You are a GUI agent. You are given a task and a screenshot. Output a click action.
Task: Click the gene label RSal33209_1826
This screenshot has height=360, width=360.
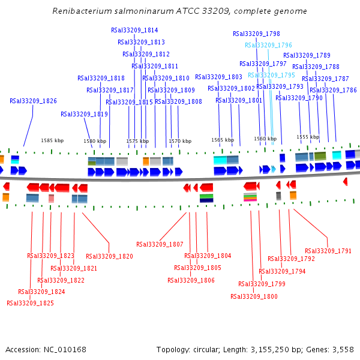(x=33, y=101)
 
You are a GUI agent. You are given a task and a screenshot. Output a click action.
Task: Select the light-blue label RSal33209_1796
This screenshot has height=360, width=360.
(x=268, y=45)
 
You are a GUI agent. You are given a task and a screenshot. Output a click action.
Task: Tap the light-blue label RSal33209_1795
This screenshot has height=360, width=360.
(x=271, y=75)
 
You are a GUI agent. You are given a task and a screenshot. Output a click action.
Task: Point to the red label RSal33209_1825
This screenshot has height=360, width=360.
(x=30, y=303)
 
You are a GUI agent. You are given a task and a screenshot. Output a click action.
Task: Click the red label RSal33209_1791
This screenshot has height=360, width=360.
(x=328, y=251)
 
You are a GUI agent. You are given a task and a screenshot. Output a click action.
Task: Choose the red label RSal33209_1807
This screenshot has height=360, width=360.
(x=160, y=244)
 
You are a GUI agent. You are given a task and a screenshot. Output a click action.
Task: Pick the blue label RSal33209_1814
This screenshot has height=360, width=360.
(x=134, y=30)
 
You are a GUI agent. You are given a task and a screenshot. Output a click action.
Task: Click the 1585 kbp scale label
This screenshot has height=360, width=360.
(x=52, y=140)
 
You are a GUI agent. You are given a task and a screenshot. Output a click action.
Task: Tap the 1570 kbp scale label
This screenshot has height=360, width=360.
(x=180, y=141)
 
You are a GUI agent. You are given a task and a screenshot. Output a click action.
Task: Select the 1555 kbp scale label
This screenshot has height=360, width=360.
(x=308, y=137)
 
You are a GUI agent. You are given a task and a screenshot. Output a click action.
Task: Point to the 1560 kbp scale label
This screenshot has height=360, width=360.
(x=265, y=139)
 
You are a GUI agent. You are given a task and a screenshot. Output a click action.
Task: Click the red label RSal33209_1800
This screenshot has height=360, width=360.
(x=254, y=296)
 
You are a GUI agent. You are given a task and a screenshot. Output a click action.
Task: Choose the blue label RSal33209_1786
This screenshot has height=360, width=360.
(x=333, y=90)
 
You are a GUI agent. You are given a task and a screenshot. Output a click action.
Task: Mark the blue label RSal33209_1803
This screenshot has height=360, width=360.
(x=218, y=77)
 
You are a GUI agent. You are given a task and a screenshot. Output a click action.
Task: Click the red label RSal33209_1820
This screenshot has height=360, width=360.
(x=109, y=256)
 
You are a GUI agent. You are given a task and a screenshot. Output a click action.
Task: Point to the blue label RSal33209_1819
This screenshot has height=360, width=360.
(x=84, y=114)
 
